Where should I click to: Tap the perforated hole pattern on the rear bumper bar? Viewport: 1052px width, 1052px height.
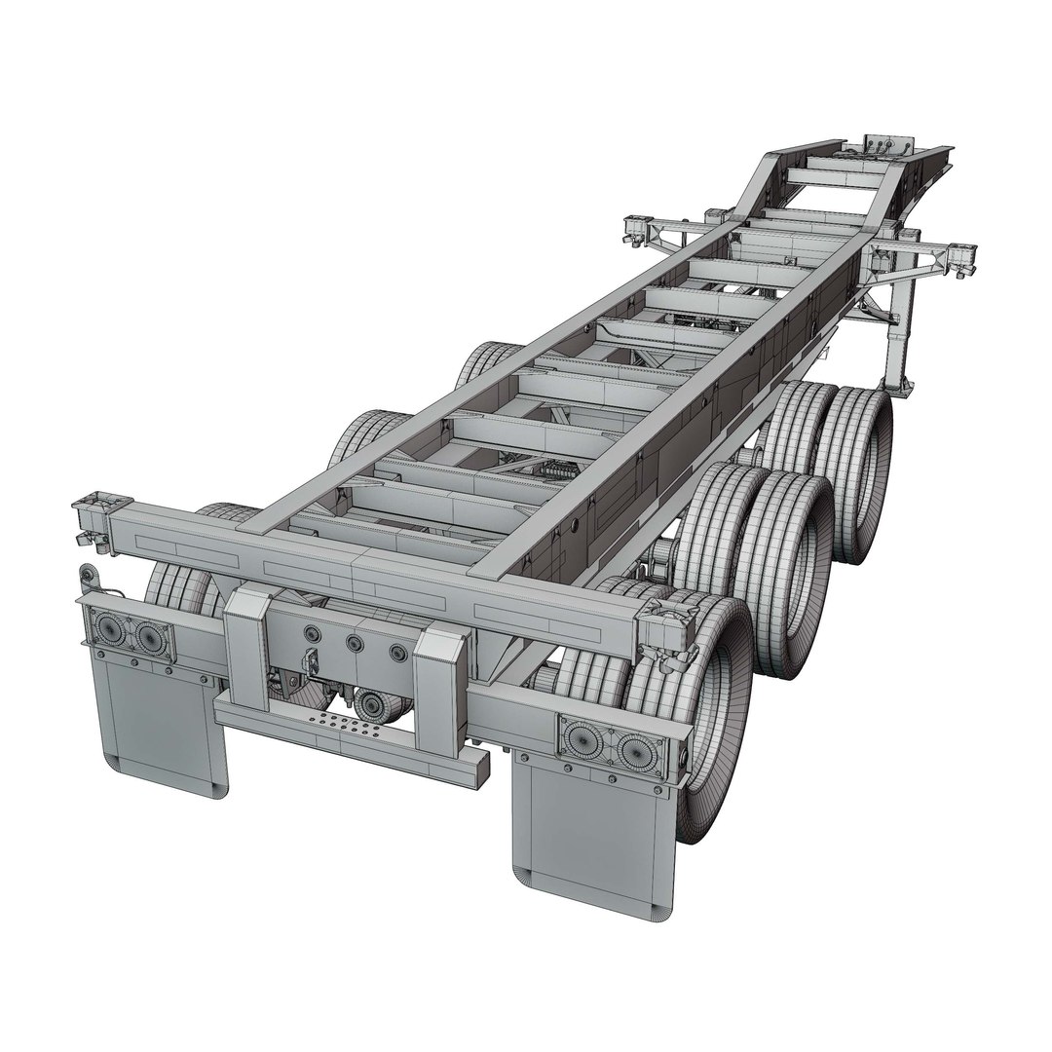coord(341,727)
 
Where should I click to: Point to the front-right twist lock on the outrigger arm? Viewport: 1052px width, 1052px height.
coord(959,255)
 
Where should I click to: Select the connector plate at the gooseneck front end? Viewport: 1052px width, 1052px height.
coord(882,147)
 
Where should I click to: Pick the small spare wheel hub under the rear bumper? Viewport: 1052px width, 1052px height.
coord(371,704)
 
